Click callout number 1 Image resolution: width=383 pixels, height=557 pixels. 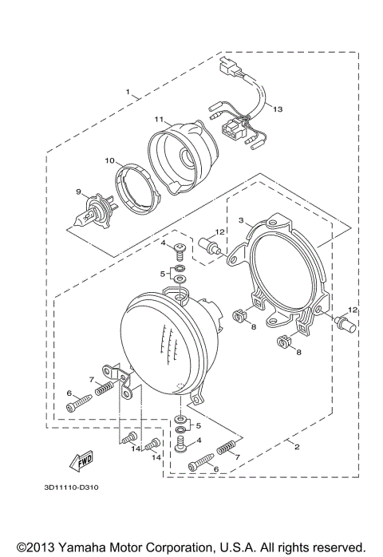[127, 93]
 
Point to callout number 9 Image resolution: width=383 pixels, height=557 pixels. [78, 192]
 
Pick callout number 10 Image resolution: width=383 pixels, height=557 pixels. [110, 160]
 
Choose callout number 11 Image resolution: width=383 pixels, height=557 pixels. [159, 120]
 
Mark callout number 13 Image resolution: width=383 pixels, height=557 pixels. [278, 108]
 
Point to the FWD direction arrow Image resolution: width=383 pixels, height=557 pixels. [82, 462]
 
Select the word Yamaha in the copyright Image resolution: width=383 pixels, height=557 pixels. [88, 547]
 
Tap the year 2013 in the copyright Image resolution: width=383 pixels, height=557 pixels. [40, 547]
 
